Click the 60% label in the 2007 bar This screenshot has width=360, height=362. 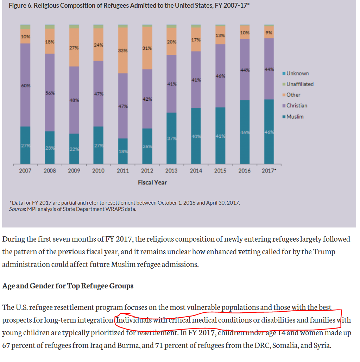[x=25, y=86]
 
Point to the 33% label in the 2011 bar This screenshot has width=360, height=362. [x=123, y=50]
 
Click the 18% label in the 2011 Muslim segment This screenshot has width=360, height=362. [x=123, y=151]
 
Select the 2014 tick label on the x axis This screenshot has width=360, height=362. [x=196, y=171]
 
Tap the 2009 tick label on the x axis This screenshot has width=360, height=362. [x=74, y=171]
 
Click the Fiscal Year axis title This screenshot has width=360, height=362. [x=152, y=182]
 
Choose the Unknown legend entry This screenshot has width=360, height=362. [x=297, y=73]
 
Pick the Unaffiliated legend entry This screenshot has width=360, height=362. [x=300, y=84]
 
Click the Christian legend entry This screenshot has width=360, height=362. [x=297, y=106]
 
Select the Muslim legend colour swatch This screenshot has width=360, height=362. [x=284, y=117]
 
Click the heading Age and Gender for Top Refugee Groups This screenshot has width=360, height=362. [x=68, y=286]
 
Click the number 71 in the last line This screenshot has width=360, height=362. [x=157, y=345]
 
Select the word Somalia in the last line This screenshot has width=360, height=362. [x=283, y=345]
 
